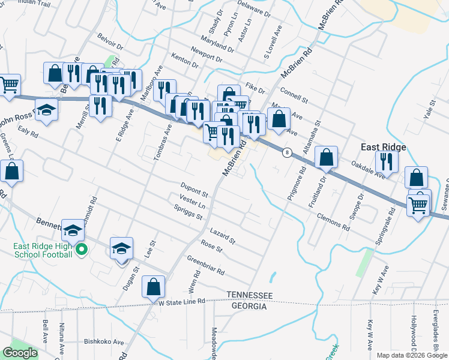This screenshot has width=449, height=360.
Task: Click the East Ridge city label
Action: point(383,147)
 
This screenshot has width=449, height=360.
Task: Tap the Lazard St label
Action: point(222,235)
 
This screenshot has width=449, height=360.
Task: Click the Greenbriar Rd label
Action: point(205,266)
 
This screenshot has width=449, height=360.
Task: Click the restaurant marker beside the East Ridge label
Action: point(387,161)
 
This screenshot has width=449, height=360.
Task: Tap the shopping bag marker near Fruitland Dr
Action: point(326,158)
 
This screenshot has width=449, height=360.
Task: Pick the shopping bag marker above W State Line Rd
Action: point(154,287)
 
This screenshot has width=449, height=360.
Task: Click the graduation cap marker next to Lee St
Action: point(121,248)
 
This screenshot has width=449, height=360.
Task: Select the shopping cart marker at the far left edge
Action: point(9,85)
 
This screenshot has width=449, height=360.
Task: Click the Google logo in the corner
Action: point(20,353)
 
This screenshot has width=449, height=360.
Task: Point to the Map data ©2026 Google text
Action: point(411,355)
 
